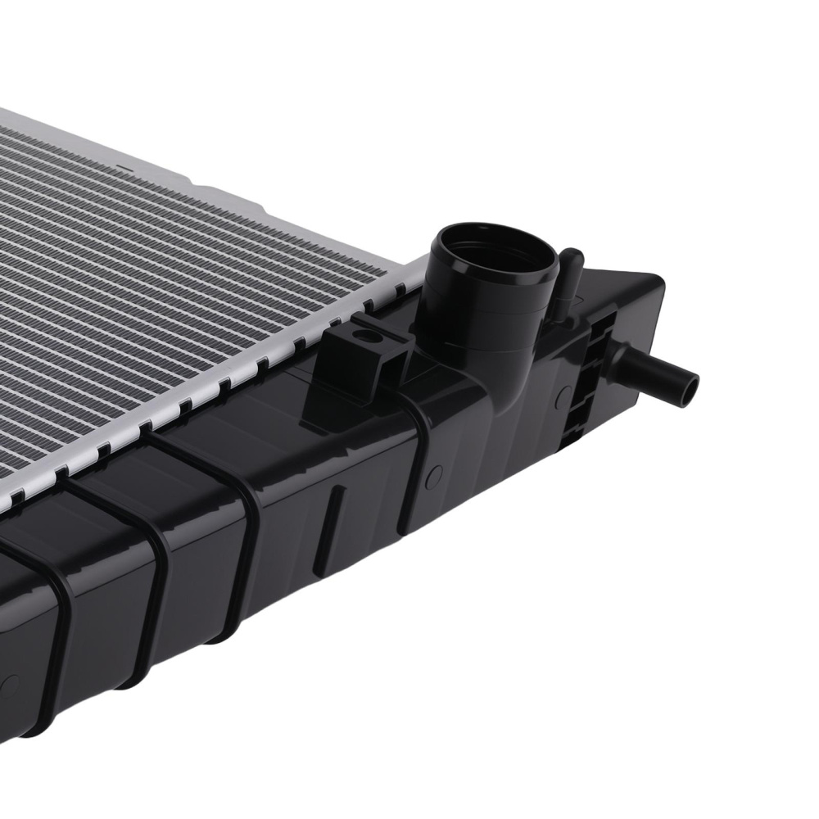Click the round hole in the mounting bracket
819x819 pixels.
366,336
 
